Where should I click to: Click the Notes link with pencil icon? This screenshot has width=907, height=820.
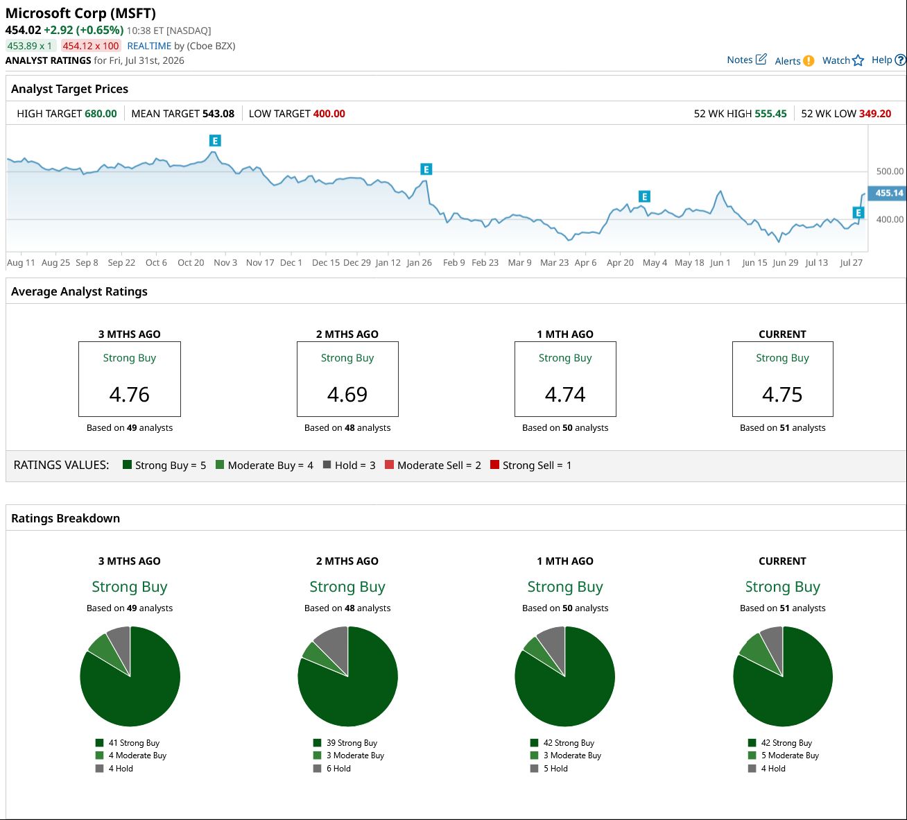pos(747,60)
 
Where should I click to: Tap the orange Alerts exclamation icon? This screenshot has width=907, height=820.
pos(809,60)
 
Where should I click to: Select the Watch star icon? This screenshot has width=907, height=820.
pos(858,60)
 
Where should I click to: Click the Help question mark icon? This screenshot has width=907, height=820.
pos(900,60)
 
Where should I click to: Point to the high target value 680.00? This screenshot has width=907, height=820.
pos(101,114)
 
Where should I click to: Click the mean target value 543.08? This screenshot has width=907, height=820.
pos(218,114)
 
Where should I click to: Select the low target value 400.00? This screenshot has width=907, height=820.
pos(329,114)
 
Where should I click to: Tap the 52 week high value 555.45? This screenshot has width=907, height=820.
pos(770,114)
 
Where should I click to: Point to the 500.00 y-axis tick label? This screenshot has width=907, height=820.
pos(890,171)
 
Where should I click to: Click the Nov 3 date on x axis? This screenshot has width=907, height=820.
pos(225,262)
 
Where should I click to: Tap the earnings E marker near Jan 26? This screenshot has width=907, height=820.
pos(426,169)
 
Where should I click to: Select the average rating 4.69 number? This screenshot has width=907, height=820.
pos(347,394)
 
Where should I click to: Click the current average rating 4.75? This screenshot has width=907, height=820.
pos(782,394)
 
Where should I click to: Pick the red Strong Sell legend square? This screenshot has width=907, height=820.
pos(494,464)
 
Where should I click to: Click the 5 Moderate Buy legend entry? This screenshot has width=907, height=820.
pos(784,755)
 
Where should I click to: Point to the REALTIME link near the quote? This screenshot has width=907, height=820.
pos(149,46)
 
